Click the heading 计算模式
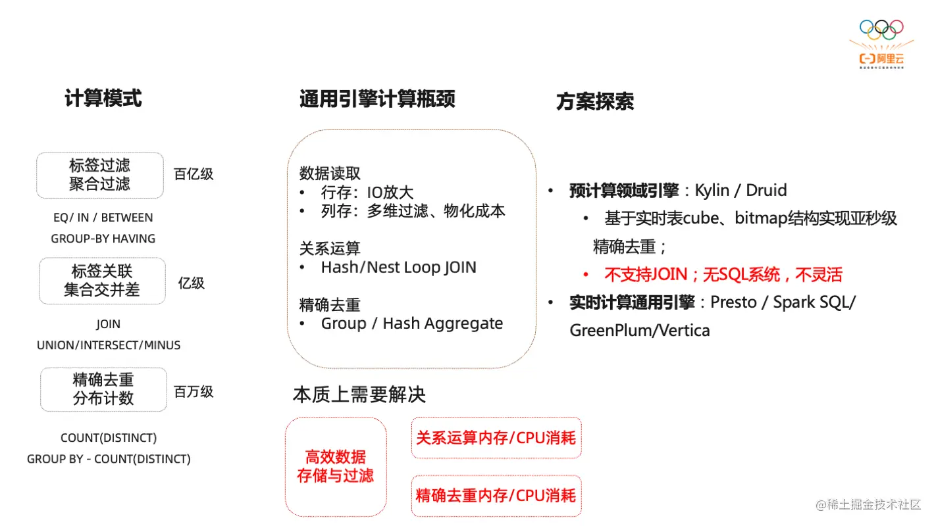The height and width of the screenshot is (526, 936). tap(103, 99)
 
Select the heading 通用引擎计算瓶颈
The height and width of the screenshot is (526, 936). tap(377, 99)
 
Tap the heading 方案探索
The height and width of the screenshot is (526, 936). tap(595, 102)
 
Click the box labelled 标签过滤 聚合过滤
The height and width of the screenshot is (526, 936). tap(100, 175)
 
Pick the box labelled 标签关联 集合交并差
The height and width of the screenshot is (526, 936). tap(102, 281)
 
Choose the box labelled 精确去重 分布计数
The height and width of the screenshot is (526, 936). tap(103, 389)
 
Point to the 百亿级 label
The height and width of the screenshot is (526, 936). tap(194, 174)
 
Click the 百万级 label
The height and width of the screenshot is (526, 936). tap(194, 392)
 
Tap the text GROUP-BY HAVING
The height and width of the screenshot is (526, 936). tap(103, 239)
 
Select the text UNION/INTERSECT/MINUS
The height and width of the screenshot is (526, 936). tap(109, 345)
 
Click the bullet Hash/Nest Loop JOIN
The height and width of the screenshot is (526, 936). tap(398, 268)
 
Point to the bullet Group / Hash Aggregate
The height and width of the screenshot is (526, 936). tap(411, 323)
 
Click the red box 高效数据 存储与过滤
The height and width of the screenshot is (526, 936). tap(336, 466)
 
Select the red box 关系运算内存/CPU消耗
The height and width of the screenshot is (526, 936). tap(496, 438)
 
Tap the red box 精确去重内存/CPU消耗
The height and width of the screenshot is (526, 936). tap(496, 495)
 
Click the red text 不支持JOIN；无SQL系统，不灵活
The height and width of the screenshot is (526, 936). tap(723, 275)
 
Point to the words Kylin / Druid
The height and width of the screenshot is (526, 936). tap(741, 191)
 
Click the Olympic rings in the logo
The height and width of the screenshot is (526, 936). tap(881, 30)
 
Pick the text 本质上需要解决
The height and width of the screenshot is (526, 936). tap(359, 394)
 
